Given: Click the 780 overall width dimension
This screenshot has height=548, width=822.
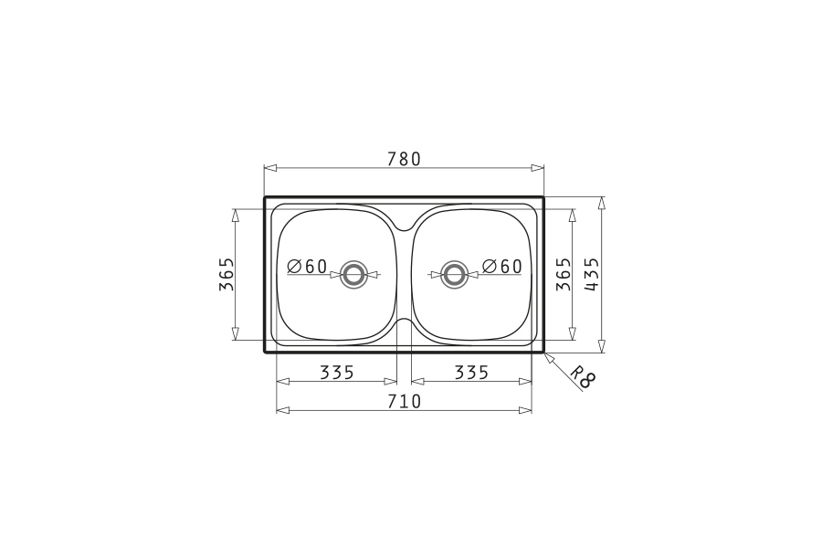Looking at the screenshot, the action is (404, 158).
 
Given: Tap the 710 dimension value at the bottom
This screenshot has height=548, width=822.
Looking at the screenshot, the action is (404, 401).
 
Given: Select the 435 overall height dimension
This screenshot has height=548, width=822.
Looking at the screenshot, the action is (591, 274).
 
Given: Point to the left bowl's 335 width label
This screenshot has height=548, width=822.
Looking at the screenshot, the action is (337, 373).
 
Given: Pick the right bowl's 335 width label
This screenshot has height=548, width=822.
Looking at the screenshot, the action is (471, 373).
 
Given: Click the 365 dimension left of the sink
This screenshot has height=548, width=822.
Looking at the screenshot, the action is (226, 274).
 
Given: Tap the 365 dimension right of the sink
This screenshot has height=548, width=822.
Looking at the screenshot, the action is (563, 274).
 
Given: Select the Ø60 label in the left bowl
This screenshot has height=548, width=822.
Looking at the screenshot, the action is (307, 267).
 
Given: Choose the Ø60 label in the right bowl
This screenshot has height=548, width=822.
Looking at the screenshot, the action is (501, 267).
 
